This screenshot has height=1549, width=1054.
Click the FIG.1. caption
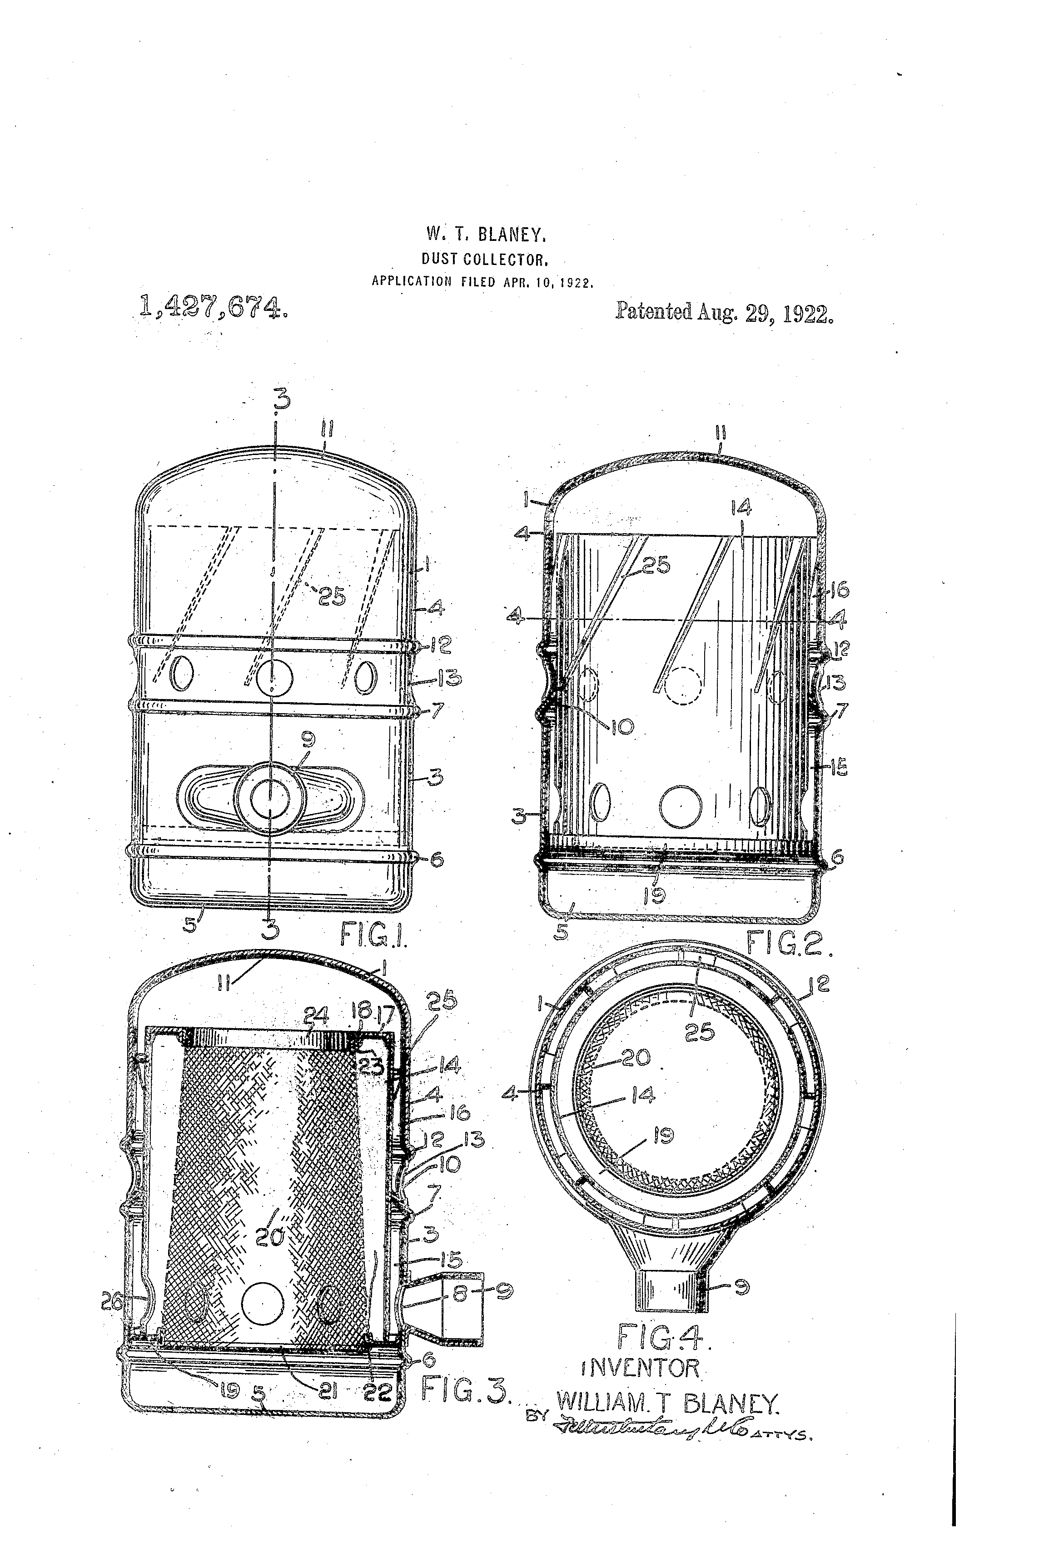click(x=373, y=935)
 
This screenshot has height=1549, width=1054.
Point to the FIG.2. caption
click(x=789, y=943)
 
